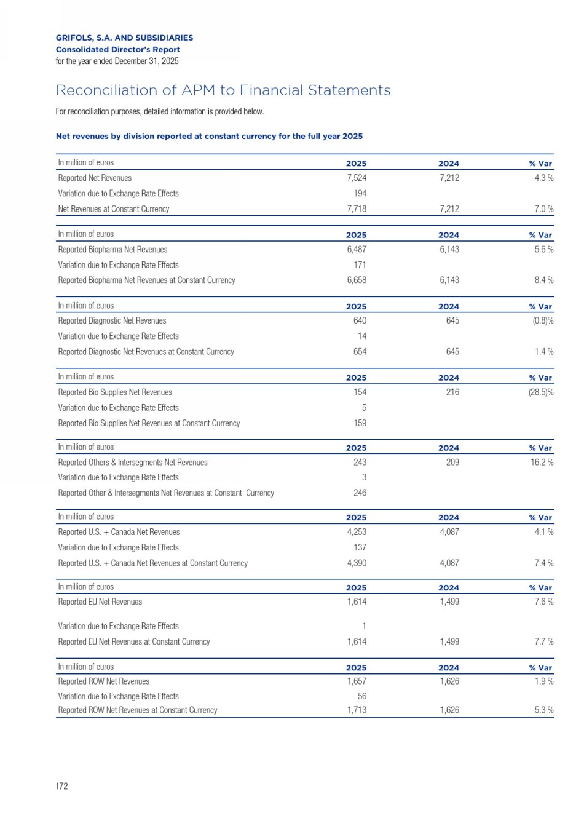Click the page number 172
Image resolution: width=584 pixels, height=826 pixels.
(x=61, y=786)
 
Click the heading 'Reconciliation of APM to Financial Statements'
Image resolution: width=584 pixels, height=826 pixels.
(x=223, y=90)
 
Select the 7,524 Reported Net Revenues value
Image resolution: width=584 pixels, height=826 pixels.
(x=357, y=178)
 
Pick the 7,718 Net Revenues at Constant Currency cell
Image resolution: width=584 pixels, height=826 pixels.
(x=357, y=209)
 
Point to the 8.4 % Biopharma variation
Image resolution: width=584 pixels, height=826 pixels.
(x=543, y=280)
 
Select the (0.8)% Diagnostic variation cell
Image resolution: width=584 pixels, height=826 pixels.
(x=543, y=320)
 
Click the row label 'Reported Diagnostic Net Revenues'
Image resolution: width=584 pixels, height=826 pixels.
(x=112, y=320)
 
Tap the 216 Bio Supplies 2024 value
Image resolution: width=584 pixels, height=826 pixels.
(x=452, y=392)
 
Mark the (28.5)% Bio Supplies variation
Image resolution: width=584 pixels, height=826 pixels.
(x=541, y=392)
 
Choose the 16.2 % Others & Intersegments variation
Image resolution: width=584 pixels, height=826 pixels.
(x=542, y=463)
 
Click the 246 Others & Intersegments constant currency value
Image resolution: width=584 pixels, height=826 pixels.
(x=360, y=493)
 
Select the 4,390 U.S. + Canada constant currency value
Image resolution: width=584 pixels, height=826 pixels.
(x=357, y=563)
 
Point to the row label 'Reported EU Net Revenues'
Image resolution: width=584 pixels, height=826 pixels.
(x=100, y=602)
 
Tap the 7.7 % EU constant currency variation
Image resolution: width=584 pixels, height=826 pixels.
(x=543, y=641)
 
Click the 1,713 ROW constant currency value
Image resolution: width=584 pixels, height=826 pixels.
(x=357, y=710)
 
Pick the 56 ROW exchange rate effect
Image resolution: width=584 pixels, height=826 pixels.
(x=362, y=696)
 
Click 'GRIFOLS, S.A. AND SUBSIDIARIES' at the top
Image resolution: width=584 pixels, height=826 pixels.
(x=124, y=38)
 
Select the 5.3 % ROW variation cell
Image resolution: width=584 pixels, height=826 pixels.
(x=543, y=710)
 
